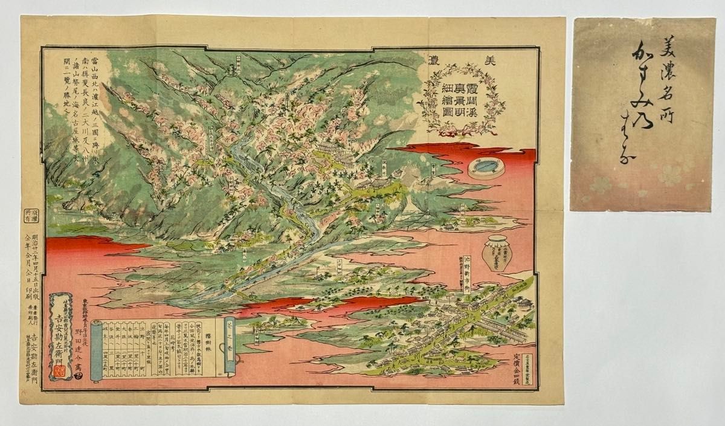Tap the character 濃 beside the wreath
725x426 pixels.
point(436,63)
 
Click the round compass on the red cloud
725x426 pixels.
point(486,167)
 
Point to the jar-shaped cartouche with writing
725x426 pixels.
point(497,253)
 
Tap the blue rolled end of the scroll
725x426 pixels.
point(96,351)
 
